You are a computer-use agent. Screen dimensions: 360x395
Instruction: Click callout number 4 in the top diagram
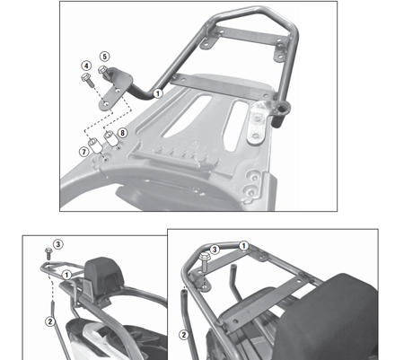tap(85, 66)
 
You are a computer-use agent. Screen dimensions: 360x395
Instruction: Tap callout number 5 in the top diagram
tap(104, 57)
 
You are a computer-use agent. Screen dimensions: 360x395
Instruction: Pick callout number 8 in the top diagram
tap(122, 133)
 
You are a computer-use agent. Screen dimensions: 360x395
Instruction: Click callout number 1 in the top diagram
tap(158, 92)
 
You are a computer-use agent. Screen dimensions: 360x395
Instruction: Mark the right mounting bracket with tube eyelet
tap(261, 118)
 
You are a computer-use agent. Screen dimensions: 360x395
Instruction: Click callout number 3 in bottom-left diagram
tap(57, 243)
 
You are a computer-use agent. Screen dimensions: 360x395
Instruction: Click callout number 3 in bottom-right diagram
tap(215, 249)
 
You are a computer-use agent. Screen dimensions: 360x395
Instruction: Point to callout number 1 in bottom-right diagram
tap(242, 245)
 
